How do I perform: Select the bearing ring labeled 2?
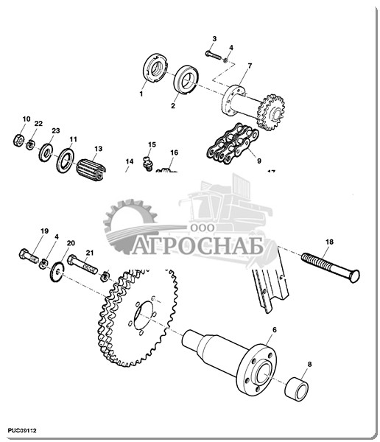(186, 80)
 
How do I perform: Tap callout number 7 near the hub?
(250, 66)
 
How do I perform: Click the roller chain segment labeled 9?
(233, 142)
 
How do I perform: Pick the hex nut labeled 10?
(18, 140)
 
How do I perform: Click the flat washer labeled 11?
(65, 161)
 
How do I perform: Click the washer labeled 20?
(57, 271)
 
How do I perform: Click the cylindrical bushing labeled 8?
(297, 389)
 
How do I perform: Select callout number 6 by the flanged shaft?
(275, 330)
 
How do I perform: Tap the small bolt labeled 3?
(214, 55)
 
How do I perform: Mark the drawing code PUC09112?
(22, 430)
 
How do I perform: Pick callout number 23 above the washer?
(56, 130)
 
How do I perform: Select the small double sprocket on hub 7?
(271, 112)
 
